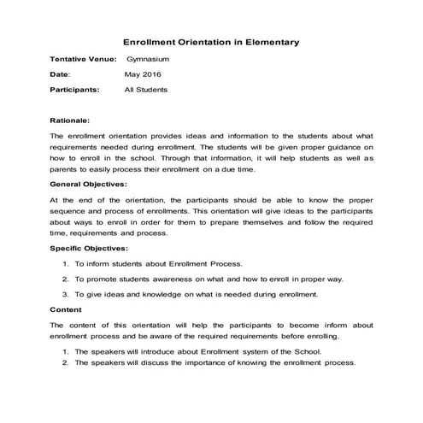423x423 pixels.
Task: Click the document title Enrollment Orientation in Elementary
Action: pyautogui.click(x=211, y=41)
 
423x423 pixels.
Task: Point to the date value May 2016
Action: pyautogui.click(x=142, y=74)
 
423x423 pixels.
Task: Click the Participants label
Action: pyautogui.click(x=74, y=89)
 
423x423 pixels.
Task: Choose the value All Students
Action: pyautogui.click(x=145, y=89)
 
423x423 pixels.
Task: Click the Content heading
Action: pyautogui.click(x=66, y=310)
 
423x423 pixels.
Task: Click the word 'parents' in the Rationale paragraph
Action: pyautogui.click(x=65, y=170)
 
